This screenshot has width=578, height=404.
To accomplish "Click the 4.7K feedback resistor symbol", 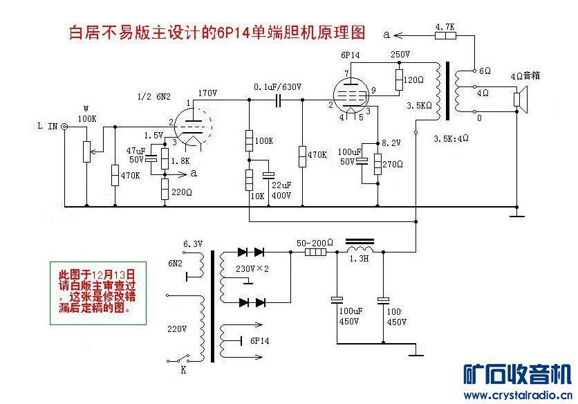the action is point(445,35).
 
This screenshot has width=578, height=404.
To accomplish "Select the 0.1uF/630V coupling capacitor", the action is point(279,100).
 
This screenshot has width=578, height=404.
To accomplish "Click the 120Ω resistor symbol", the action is point(399,80).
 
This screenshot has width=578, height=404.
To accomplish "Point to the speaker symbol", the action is point(521,99).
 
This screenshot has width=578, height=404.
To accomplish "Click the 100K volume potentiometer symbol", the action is point(86,151).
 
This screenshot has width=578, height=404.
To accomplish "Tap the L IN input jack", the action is point(64,127).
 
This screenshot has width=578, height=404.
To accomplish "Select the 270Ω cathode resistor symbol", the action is point(377,164).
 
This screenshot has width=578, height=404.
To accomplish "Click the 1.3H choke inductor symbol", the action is point(360,246).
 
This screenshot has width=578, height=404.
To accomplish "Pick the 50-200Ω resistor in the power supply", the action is point(316,252).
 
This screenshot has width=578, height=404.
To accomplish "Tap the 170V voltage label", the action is point(207,93).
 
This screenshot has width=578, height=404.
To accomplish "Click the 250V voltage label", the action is point(400,55).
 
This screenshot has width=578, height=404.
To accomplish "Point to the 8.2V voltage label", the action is point(391,143).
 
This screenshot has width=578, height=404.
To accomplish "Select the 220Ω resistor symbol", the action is point(165,190).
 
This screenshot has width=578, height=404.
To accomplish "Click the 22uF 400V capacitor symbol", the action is point(268,175).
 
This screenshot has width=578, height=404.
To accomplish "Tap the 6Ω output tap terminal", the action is point(475,70).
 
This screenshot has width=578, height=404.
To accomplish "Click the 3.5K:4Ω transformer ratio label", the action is point(451,139).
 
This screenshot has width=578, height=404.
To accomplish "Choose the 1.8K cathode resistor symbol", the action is point(165,158).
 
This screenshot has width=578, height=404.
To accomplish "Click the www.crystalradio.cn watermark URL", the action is point(519,396).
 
